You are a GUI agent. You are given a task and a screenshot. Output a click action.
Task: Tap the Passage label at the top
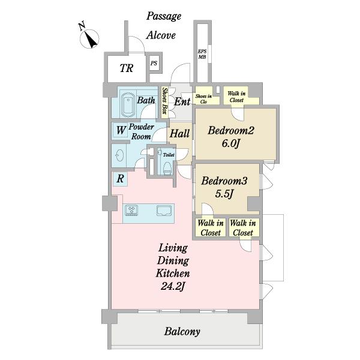164,17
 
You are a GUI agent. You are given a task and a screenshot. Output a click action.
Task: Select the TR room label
126,68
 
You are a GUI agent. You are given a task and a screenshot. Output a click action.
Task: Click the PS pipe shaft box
154,63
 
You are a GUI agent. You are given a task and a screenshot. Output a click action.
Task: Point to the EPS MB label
202,54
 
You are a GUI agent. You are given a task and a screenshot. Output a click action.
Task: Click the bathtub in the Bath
128,104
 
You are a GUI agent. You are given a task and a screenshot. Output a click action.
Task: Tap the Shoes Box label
164,101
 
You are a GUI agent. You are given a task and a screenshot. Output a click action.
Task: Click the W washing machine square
120,131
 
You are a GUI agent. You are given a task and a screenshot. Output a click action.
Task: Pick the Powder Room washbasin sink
119,155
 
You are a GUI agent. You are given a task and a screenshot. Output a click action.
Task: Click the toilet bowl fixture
167,168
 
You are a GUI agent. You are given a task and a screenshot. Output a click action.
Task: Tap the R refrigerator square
120,179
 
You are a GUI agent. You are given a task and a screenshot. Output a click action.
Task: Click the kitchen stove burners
131,211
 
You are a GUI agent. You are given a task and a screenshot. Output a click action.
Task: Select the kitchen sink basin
164,211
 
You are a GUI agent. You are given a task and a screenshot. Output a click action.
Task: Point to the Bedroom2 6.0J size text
231,144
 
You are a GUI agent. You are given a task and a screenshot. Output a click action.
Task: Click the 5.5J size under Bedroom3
224,194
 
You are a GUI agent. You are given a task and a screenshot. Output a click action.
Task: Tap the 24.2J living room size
173,286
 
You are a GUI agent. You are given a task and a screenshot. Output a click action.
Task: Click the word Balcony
182,332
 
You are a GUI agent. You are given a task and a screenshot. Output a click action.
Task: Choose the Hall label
179,133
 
